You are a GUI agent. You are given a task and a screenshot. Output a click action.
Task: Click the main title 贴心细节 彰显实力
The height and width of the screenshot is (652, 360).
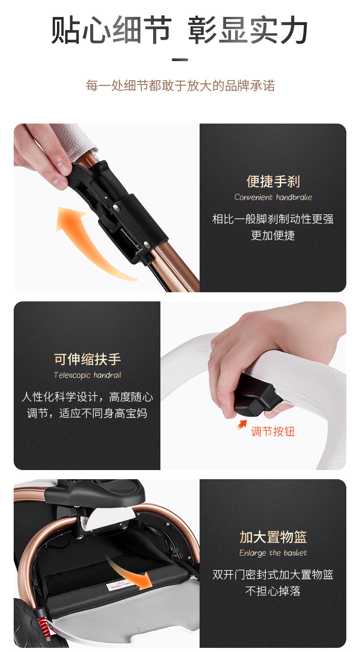[x=180, y=31]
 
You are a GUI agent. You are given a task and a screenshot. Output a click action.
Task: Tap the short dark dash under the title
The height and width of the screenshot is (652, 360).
[x=180, y=60]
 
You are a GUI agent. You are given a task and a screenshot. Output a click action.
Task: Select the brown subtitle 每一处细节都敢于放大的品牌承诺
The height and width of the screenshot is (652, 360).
[x=180, y=86]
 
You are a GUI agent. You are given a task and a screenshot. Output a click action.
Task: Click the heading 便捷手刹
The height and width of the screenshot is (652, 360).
[x=273, y=181]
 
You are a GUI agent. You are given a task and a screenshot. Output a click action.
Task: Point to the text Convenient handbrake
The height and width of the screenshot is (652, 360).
[x=273, y=197]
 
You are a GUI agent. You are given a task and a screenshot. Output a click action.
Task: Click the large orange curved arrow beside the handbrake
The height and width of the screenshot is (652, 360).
[x=87, y=242]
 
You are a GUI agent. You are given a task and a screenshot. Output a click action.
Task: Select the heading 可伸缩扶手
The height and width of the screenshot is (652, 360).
[x=87, y=359]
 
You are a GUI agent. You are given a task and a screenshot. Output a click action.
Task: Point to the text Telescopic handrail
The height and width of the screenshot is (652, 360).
[x=87, y=375]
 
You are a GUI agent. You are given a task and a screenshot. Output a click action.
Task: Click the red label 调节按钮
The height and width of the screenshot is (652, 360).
[x=273, y=431]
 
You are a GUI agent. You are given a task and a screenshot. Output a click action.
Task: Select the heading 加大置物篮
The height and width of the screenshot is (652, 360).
[x=273, y=537]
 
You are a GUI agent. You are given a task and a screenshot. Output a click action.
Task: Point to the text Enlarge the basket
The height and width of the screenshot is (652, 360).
[x=273, y=553]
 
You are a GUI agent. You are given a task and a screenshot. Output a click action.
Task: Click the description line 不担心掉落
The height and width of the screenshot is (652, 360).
[x=273, y=591]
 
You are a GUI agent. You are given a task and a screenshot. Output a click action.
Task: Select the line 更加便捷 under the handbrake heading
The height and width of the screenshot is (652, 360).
[x=273, y=236]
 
